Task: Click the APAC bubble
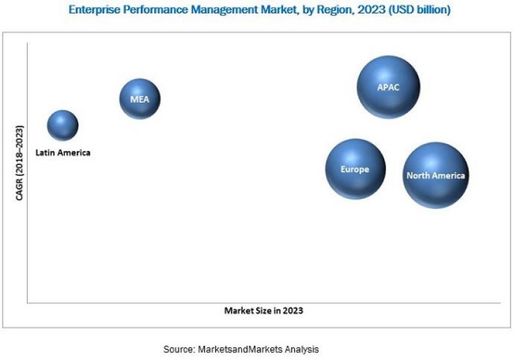pyautogui.click(x=389, y=87)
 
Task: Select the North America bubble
pyautogui.click(x=436, y=175)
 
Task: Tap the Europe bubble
pyautogui.click(x=355, y=169)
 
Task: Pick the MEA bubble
pyautogui.click(x=140, y=99)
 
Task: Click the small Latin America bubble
pyautogui.click(x=63, y=125)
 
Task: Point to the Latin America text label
pyautogui.click(x=63, y=153)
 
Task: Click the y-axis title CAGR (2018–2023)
pyautogui.click(x=19, y=163)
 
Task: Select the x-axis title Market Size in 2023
pyautogui.click(x=263, y=310)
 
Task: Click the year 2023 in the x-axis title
pyautogui.click(x=293, y=310)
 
